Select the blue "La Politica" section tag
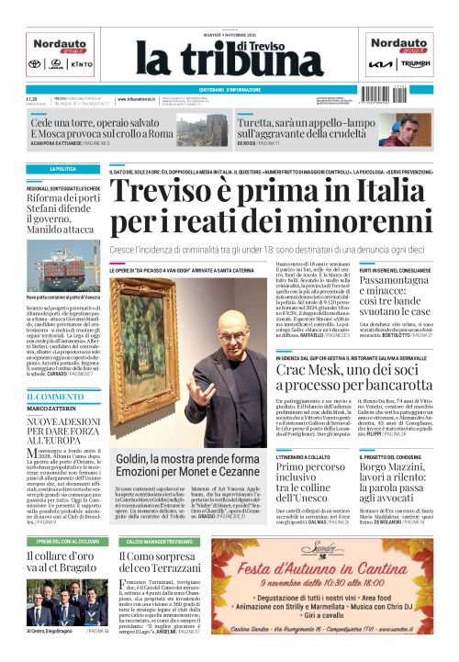click(x=63, y=170)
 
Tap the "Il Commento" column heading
click(x=55, y=396)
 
